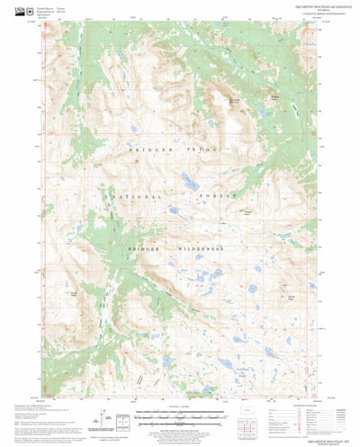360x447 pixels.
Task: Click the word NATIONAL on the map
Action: tap(129, 195)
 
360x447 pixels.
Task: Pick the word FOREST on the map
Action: tap(221, 195)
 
